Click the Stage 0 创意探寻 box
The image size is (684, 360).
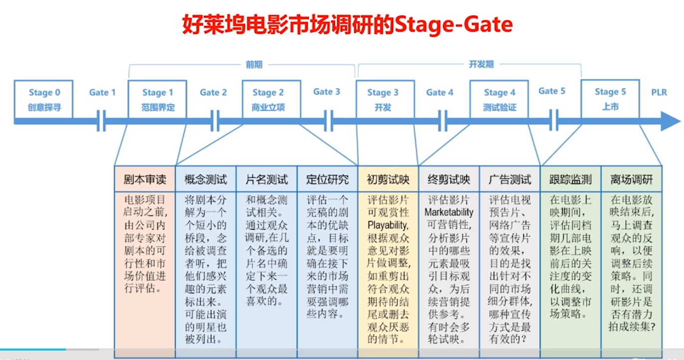pyautogui.click(x=43, y=99)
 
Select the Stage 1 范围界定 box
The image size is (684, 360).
pyautogui.click(x=157, y=99)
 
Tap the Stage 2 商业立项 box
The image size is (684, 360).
pyautogui.click(x=271, y=99)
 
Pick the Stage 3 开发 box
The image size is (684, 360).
pyautogui.click(x=385, y=99)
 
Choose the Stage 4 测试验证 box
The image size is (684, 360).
pyautogui.click(x=499, y=99)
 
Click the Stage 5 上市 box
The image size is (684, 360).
pyautogui.click(x=610, y=99)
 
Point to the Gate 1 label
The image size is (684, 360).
pyautogui.click(x=102, y=92)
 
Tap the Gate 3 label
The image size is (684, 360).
pyautogui.click(x=327, y=92)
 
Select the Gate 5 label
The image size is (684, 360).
pyautogui.click(x=552, y=91)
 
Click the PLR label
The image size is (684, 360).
pyautogui.click(x=659, y=92)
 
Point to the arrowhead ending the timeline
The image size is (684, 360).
pyautogui.click(x=671, y=121)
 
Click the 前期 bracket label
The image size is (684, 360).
pyautogui.click(x=254, y=65)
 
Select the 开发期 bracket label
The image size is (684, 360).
pyautogui.click(x=481, y=64)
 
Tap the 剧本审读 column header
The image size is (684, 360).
pyautogui.click(x=145, y=180)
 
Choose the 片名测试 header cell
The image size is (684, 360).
pyautogui.click(x=266, y=180)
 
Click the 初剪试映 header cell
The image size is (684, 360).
pyautogui.click(x=388, y=180)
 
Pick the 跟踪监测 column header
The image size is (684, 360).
pyautogui.click(x=570, y=180)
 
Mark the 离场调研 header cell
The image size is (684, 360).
pyautogui.click(x=632, y=180)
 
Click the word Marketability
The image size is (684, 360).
pyautogui.click(x=449, y=212)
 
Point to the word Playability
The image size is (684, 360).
pyautogui.click(x=388, y=225)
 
